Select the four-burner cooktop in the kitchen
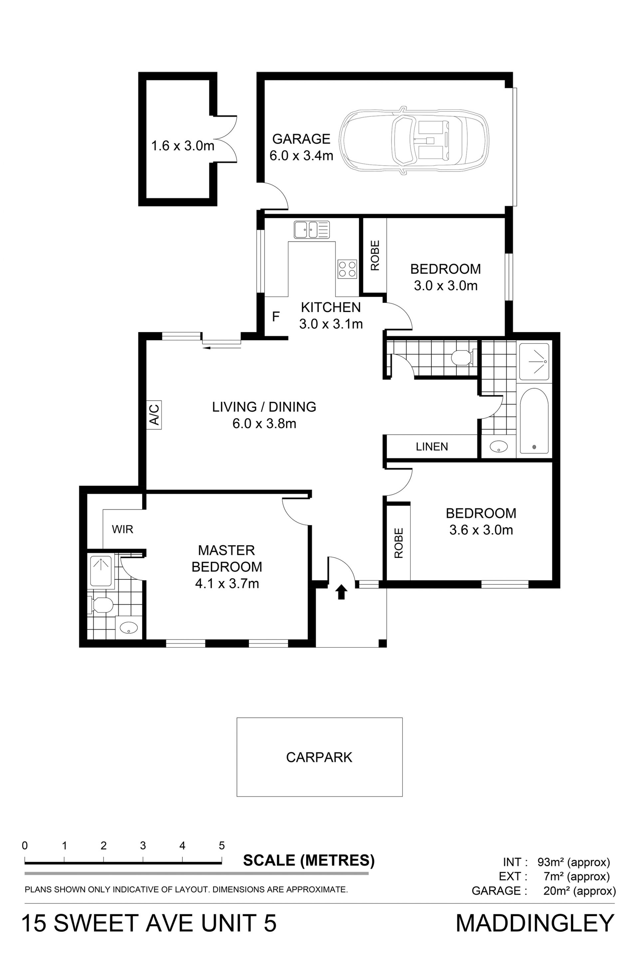pos(347,269)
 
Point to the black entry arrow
pos(341,592)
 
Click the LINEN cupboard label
pos(432,447)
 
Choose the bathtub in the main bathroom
pos(534,421)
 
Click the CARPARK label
pos(319,757)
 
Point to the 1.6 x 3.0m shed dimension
pos(183,146)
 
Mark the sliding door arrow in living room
pos(222,347)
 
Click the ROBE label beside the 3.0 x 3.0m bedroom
pos(375,255)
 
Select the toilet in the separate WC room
pos(463,357)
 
